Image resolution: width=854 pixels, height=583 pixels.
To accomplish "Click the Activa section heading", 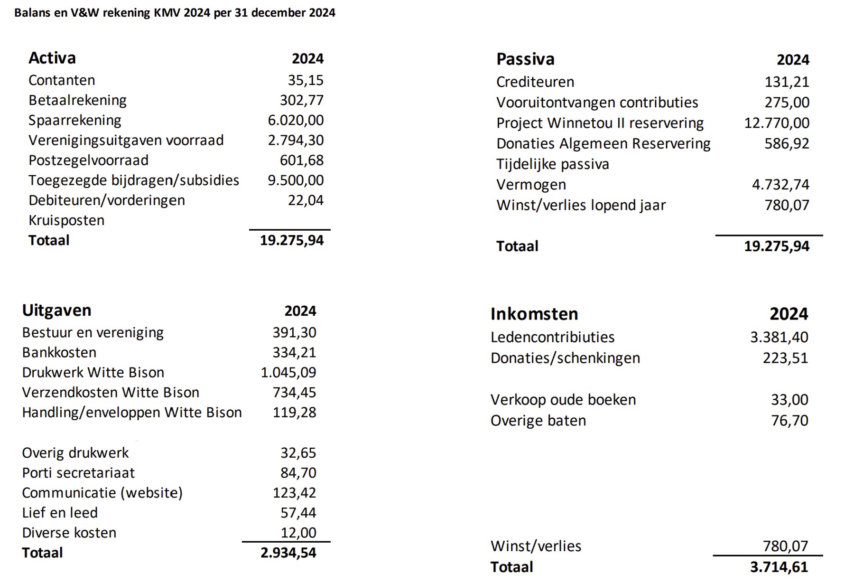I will [x=52, y=58].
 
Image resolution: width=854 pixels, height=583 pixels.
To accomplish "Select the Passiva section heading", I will [x=525, y=59].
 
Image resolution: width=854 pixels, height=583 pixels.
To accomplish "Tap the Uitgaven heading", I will [x=56, y=310].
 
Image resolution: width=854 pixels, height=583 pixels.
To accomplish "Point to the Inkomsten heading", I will [x=534, y=314].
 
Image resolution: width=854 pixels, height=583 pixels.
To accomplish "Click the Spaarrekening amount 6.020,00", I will [x=296, y=120].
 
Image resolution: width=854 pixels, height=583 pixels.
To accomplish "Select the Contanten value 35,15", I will [x=306, y=80].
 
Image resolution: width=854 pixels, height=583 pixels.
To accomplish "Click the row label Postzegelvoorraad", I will [x=88, y=160].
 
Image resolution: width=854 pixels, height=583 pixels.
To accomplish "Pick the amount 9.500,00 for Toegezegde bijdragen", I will [x=296, y=180].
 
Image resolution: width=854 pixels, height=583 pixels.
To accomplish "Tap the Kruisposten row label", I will [x=66, y=220].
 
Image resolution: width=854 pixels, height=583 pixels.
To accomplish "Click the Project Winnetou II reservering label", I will [x=600, y=123].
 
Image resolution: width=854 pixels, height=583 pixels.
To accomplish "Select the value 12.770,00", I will [x=777, y=123].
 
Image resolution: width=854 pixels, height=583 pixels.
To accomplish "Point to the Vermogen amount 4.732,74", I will [x=780, y=185].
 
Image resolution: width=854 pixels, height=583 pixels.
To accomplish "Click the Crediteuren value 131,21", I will [x=787, y=82].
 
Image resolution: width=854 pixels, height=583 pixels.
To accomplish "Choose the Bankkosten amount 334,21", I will [x=294, y=352].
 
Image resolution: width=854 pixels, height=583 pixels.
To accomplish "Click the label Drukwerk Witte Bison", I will [x=93, y=373].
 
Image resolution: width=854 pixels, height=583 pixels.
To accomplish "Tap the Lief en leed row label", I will [x=60, y=513].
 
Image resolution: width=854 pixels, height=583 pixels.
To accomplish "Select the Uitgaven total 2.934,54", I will [x=288, y=553].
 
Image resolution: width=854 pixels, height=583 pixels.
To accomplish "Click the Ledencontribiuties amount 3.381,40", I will [x=779, y=337].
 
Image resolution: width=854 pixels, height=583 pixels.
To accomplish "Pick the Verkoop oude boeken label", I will [x=563, y=400].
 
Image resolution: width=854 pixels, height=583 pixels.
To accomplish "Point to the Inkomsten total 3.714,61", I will [x=779, y=567].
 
